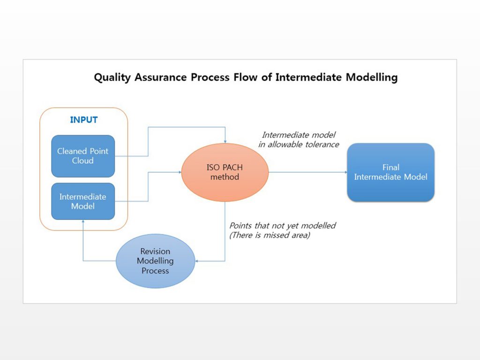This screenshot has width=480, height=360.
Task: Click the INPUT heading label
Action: (83, 120)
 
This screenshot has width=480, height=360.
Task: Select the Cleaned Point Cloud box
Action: (83, 156)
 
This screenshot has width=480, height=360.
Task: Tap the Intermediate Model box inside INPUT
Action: (83, 202)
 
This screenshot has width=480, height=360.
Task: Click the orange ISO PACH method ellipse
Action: (225, 172)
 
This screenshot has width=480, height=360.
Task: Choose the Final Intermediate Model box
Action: (390, 172)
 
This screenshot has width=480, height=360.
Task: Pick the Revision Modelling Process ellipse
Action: (155, 261)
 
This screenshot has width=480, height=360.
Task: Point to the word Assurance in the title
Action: (161, 77)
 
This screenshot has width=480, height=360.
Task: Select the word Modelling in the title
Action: (372, 77)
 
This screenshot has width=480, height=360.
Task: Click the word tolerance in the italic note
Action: (322, 144)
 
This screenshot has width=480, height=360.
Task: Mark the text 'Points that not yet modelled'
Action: (283, 225)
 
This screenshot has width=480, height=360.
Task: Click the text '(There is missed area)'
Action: (270, 235)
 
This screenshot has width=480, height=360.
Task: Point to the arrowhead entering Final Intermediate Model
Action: (345, 172)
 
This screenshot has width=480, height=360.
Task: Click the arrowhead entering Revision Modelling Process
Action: (197, 261)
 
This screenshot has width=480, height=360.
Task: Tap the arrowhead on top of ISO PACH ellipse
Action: (225, 142)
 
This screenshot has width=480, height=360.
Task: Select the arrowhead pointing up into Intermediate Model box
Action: (83, 221)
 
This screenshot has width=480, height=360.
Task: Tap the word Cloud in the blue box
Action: (82, 161)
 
